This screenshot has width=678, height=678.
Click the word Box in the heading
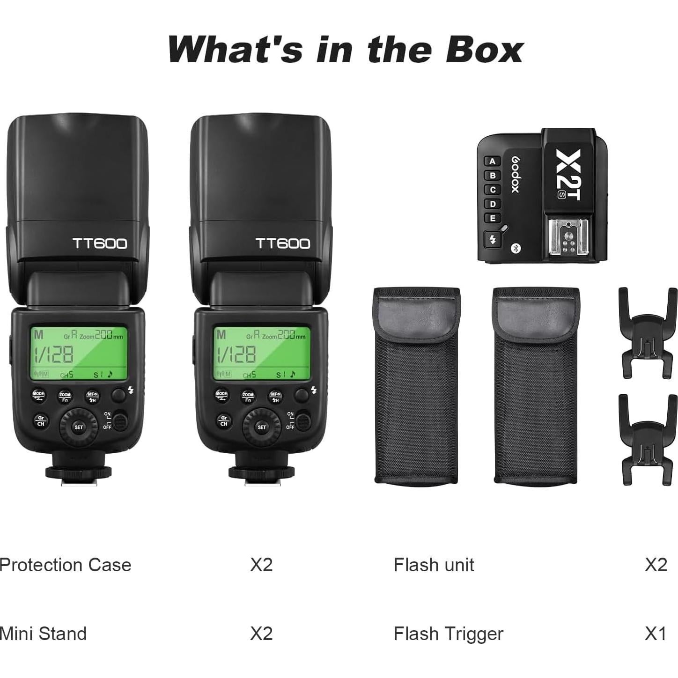point(484,49)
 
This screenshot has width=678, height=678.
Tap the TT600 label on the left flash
point(99,243)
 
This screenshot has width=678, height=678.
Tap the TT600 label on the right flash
point(282,243)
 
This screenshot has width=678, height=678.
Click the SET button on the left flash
point(79,427)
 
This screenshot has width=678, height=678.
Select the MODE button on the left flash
point(38,395)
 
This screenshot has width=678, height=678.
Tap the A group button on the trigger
point(492,162)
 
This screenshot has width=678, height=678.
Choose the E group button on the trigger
point(492,218)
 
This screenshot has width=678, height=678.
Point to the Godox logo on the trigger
point(515,174)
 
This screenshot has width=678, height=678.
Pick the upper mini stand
point(648,333)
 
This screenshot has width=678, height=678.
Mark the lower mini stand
point(648,439)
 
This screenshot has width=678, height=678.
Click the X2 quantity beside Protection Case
point(261,565)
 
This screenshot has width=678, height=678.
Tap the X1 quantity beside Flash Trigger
point(655,634)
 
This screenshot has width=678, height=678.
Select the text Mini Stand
point(43,634)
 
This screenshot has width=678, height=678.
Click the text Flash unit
point(434,565)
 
